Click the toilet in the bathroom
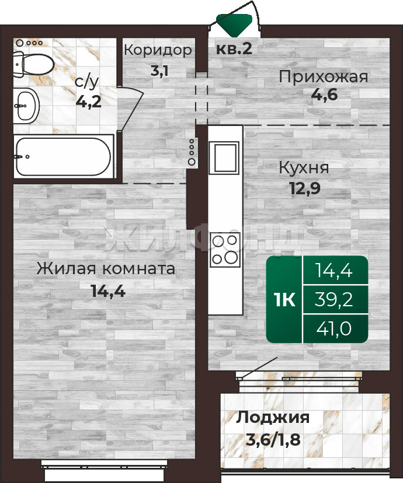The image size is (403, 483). coord(33,65)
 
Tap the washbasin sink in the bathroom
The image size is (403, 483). coord(26,106)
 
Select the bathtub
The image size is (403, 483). coord(64,156)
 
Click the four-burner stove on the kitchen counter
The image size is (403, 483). coord(225,250)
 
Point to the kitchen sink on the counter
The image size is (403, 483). coord(224,157)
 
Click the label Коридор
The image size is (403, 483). coord(158,50)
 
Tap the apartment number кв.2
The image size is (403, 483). coord(234,48)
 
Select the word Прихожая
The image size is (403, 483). coord(324,77)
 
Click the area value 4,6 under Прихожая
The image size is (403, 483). coord(324,94)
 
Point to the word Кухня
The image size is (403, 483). coord(304,168)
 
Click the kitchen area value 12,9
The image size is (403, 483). coord(305,188)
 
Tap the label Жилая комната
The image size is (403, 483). coord(106,268)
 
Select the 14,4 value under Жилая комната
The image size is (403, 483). coord(108,290)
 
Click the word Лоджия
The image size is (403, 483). coord(273,419)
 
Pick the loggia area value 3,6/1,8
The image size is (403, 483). coord(273,440)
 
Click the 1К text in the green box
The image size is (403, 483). coord(284,299)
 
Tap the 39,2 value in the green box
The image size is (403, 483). coord(333,299)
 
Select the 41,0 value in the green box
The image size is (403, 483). coord(333,328)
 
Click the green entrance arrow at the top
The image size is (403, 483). coord(234,22)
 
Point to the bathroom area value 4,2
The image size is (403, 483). coord(89,101)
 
